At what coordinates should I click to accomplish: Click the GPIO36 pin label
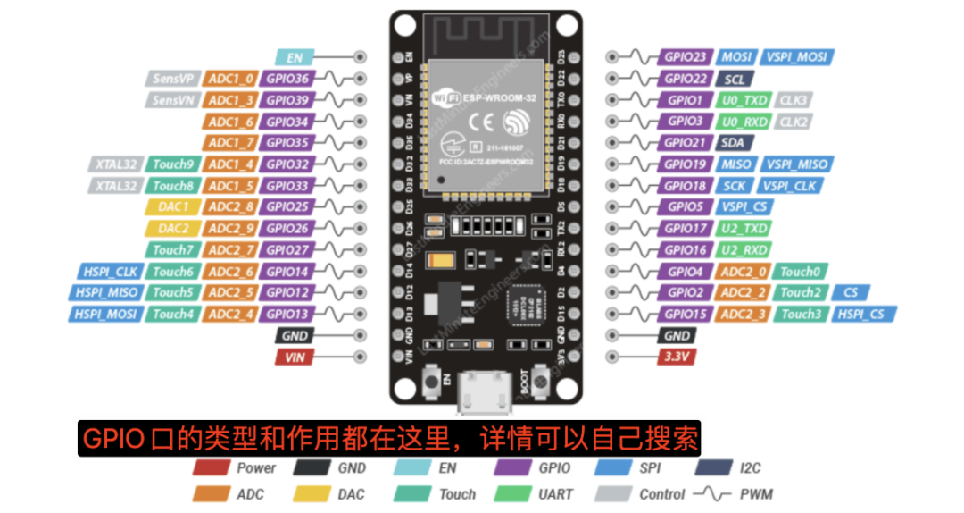coord(287,79)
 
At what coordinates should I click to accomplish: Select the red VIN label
coord(295,357)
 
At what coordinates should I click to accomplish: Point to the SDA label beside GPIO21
coord(735,143)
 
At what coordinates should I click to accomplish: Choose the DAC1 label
coord(172,207)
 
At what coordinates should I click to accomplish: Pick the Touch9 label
coord(172,164)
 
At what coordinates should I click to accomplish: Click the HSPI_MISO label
coord(106,292)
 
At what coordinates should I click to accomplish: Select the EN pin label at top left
coord(295,57)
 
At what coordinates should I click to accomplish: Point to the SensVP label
coord(172,79)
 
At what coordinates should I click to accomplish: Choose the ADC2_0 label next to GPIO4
coord(744,272)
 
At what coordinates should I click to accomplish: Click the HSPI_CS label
coord(865,314)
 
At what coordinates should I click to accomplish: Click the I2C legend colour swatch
coord(714,467)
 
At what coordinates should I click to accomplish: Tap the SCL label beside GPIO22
coord(735,79)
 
